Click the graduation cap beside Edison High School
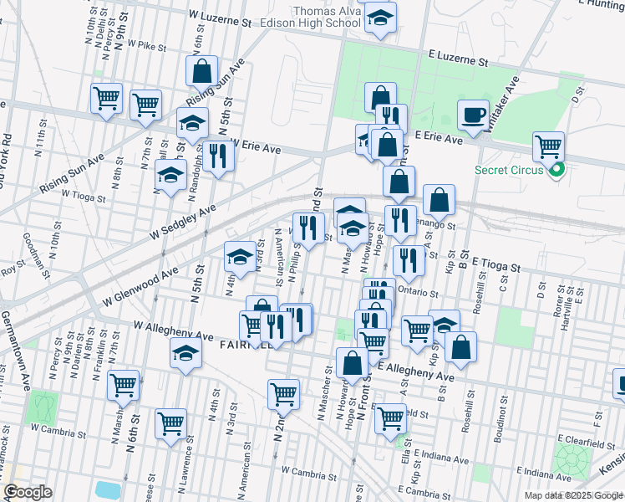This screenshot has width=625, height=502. pyautogui.click(x=380, y=18)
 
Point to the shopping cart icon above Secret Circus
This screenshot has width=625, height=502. pyautogui.click(x=548, y=147)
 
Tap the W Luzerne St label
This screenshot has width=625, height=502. pyautogui.click(x=220, y=17)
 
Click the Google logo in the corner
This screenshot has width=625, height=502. pyautogui.click(x=28, y=492)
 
